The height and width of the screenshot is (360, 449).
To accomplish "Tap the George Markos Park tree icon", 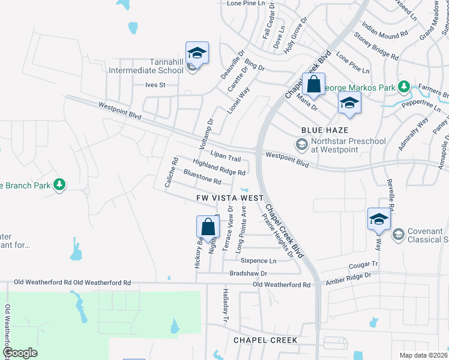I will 405,88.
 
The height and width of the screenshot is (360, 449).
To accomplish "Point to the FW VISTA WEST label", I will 230,197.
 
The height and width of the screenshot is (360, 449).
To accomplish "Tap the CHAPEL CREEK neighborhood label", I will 265,340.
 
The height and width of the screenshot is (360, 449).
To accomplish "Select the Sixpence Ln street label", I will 258,261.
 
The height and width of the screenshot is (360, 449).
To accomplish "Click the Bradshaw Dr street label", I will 248,273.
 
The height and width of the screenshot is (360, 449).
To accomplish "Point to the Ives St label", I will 155,85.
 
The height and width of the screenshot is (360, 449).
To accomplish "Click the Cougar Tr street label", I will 363,265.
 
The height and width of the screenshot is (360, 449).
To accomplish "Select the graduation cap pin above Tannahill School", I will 197,53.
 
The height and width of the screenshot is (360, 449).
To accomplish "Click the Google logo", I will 20,353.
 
